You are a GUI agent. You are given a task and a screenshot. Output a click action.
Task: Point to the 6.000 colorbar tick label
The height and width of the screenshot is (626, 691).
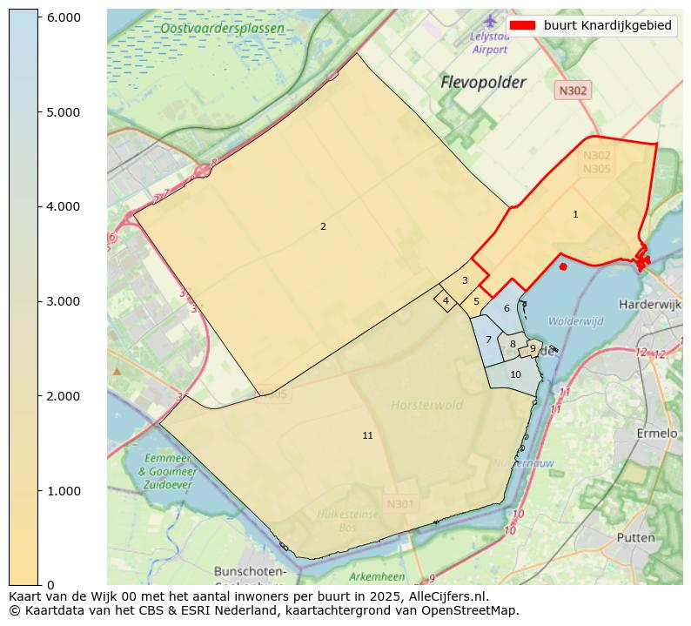tap(64, 17)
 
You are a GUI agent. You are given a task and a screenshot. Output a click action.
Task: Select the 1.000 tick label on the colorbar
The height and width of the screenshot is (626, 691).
tap(64, 491)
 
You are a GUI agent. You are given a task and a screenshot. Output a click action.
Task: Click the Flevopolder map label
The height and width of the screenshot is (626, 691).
tap(483, 83)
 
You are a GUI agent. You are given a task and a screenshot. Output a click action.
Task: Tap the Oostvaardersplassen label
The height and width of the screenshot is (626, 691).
tap(222, 29)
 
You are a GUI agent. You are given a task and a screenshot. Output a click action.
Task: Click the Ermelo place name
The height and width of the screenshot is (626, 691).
tap(657, 434)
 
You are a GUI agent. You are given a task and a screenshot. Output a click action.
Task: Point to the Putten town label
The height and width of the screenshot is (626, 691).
tap(635, 538)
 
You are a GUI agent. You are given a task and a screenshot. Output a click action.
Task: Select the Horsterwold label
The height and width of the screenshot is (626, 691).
tap(426, 405)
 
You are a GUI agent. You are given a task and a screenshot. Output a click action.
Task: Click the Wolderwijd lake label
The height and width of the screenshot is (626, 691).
tap(575, 321)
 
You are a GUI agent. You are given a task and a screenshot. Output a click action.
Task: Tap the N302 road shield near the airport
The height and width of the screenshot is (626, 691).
tap(573, 90)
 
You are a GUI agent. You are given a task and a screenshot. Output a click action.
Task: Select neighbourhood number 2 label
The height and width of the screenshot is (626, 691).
tap(323, 226)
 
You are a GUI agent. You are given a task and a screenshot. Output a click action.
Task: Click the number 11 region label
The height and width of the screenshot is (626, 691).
tap(367, 435)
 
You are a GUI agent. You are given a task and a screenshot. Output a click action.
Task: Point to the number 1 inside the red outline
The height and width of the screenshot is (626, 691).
tap(575, 214)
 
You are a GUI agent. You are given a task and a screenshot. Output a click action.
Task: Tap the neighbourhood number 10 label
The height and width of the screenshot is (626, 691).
tap(515, 374)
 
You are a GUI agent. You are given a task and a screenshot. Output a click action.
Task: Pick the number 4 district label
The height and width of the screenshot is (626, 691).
tap(446, 301)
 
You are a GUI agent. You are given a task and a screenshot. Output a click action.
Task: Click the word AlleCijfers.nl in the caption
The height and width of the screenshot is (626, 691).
tap(443, 597)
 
